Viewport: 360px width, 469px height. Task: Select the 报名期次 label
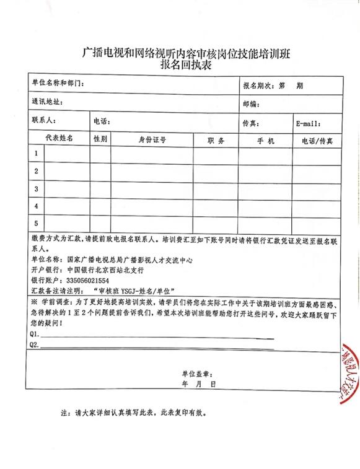pyautogui.click(x=260, y=84)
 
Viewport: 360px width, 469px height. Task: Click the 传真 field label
pyautogui.click(x=250, y=121)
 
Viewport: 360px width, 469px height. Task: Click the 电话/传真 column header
pyautogui.click(x=317, y=141)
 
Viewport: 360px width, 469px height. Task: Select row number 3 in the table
pyautogui.click(x=37, y=188)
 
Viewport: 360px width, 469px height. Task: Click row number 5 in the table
pyautogui.click(x=37, y=223)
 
